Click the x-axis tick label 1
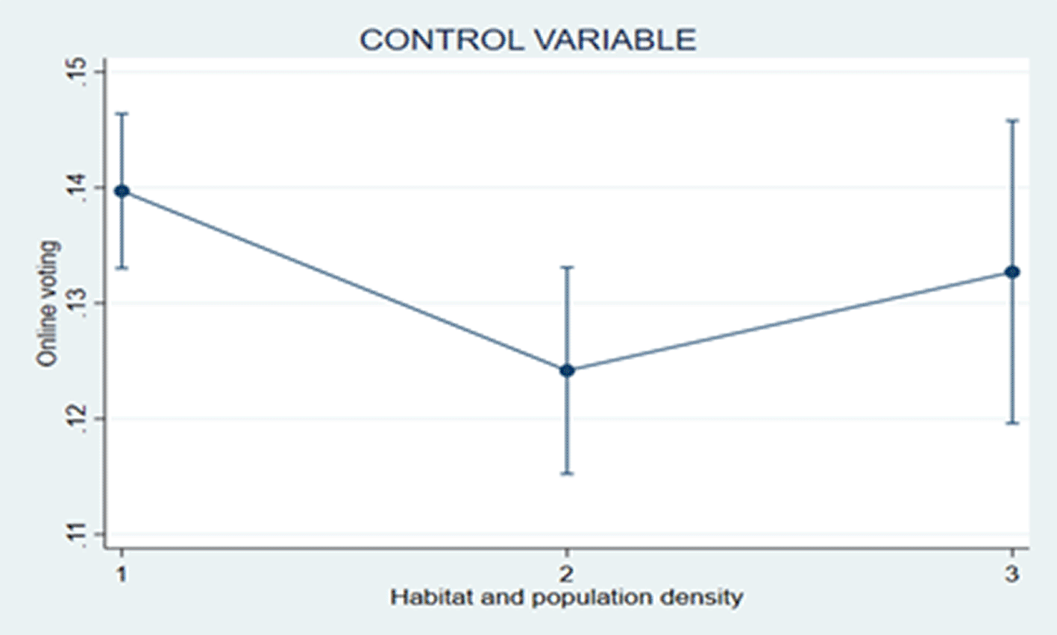[x=122, y=574]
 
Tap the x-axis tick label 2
[x=566, y=574]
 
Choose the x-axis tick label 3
[x=1011, y=574]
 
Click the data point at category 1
[x=122, y=191]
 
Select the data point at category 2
[x=567, y=370]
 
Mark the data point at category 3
[x=1012, y=272]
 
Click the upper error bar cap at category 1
[x=122, y=113]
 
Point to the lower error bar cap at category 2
[x=567, y=473]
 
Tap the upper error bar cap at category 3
[x=1012, y=121]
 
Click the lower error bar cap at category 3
[x=1012, y=423]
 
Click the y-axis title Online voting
[x=48, y=304]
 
